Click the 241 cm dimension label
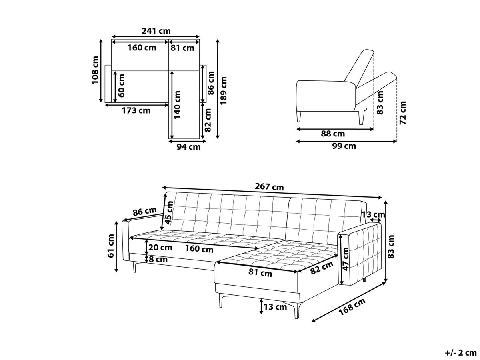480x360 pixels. pos(156,31)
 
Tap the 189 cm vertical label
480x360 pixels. pos(224,90)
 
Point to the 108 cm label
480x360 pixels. pos(95,70)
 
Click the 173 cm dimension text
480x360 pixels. pos(136,111)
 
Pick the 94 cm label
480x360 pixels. pos(188,147)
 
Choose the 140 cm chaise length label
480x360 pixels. pos(177,105)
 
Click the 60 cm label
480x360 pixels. pos(121,86)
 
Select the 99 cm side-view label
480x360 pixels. pos(344,146)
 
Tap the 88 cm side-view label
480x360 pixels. pos(333,134)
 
